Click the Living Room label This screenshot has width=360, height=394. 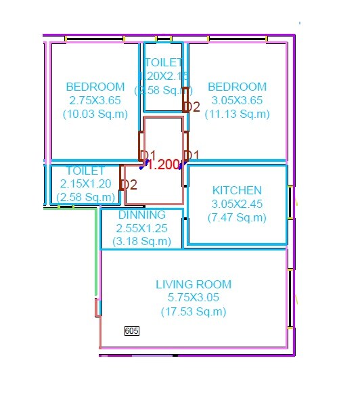(x=194, y=284)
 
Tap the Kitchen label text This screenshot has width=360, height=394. (x=237, y=190)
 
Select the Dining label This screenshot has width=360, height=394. (x=142, y=215)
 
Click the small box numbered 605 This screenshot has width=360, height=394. (x=132, y=331)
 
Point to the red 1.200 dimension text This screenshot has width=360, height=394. (x=162, y=165)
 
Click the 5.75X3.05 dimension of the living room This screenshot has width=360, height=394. (x=194, y=298)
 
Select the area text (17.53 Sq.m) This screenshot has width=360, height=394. (x=194, y=312)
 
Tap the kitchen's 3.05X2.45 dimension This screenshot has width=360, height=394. (x=237, y=204)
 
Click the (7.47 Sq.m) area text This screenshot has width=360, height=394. (x=237, y=218)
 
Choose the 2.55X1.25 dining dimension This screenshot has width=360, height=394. (x=142, y=229)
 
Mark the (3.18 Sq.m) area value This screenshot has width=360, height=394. (x=142, y=242)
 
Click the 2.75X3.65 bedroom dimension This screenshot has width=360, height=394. (x=95, y=100)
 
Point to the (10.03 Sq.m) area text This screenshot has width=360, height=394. (x=95, y=114)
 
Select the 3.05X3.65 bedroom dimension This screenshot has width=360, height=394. (x=237, y=100)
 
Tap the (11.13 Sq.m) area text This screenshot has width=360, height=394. (x=237, y=114)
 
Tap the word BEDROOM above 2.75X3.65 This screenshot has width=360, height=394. (x=95, y=87)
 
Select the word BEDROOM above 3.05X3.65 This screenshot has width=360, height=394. (x=237, y=87)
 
